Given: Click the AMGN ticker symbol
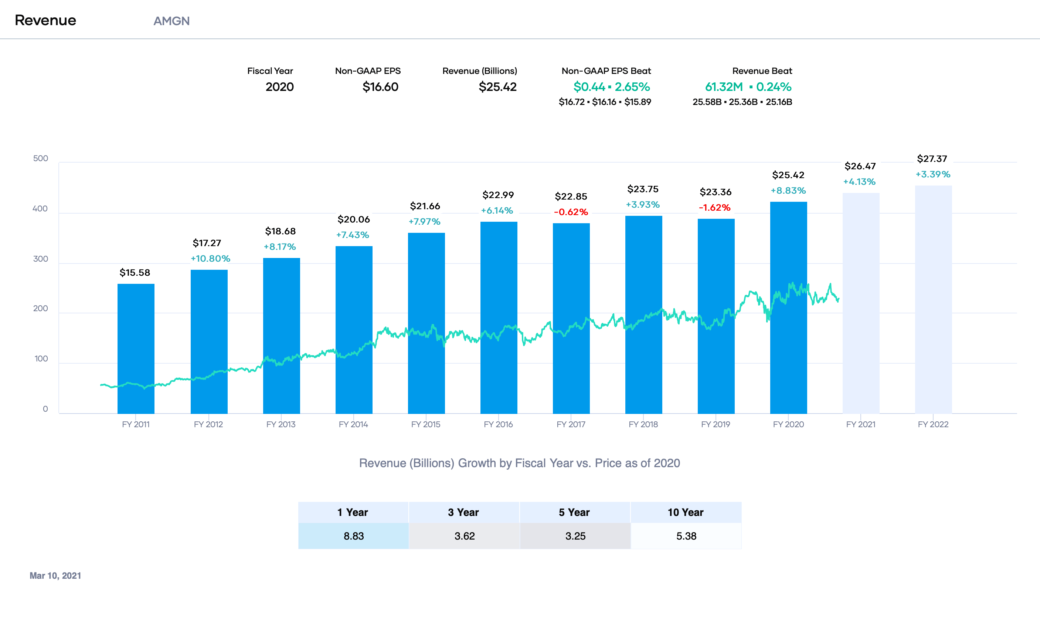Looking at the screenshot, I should pos(171,21).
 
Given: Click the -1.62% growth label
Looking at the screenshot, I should pos(714,208).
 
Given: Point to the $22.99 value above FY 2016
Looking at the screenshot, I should pos(498,195).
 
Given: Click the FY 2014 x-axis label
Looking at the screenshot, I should pos(353,424).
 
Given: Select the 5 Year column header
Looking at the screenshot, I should pos(574,512).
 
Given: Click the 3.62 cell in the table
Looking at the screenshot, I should pos(464,536).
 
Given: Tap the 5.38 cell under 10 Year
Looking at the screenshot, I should pos(686,536).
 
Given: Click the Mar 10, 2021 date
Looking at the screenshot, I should pos(55,575).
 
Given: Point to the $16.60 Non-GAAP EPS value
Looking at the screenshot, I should pos(380,87).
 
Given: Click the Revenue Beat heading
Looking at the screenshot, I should pos(762,71).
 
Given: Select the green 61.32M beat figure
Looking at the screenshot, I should pos(723,87).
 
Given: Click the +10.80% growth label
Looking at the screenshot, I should pos(210,258).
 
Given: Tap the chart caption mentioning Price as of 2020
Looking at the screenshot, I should pos(519,463).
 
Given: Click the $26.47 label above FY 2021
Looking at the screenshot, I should pos(860,166).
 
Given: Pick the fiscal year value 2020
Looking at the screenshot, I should pos(279,87).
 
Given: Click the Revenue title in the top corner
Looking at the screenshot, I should pos(45,20).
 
